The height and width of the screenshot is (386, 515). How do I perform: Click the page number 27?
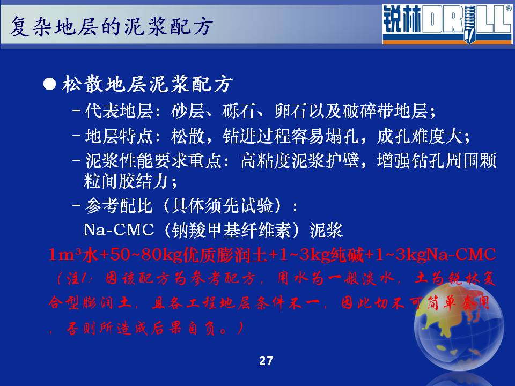click(x=266, y=361)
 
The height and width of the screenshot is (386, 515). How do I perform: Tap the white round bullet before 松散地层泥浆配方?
click(x=49, y=84)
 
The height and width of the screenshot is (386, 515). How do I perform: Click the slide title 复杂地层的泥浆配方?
click(x=112, y=26)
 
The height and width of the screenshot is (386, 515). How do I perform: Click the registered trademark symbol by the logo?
click(x=509, y=9)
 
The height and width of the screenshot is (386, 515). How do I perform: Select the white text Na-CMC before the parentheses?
click(x=119, y=229)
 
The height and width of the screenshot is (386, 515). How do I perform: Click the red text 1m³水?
click(x=73, y=255)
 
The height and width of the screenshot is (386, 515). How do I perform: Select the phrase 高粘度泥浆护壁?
click(x=299, y=161)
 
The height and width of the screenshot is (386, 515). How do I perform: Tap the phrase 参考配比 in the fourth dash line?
click(x=119, y=206)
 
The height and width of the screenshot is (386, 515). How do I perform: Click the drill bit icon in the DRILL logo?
click(x=470, y=24)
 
